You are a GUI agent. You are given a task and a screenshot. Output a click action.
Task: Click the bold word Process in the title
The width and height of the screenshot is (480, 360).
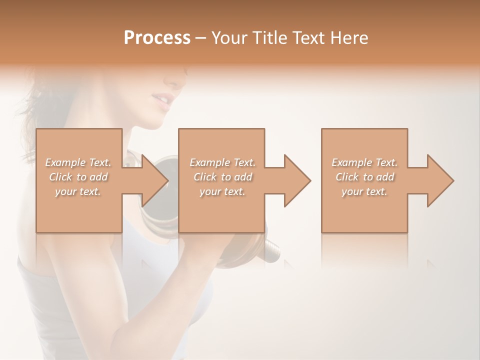point(157,38)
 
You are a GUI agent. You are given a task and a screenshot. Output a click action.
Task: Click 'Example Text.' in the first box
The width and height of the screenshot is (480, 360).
point(78,162)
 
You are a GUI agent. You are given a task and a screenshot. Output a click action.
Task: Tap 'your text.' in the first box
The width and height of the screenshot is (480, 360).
point(78,191)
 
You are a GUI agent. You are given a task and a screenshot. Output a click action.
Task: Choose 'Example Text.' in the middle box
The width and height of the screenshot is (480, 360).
point(222,162)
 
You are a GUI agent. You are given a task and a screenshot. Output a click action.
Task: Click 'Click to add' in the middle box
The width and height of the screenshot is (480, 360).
point(222,177)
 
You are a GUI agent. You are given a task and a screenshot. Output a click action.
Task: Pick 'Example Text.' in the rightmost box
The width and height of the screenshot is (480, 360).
point(364,162)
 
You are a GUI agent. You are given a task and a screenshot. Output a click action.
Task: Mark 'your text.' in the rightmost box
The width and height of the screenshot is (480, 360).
point(364,191)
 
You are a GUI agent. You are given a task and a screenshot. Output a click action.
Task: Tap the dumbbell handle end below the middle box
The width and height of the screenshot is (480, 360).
point(272,248)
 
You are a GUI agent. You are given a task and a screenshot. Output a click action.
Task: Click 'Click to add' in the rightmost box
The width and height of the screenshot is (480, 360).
point(364,177)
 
